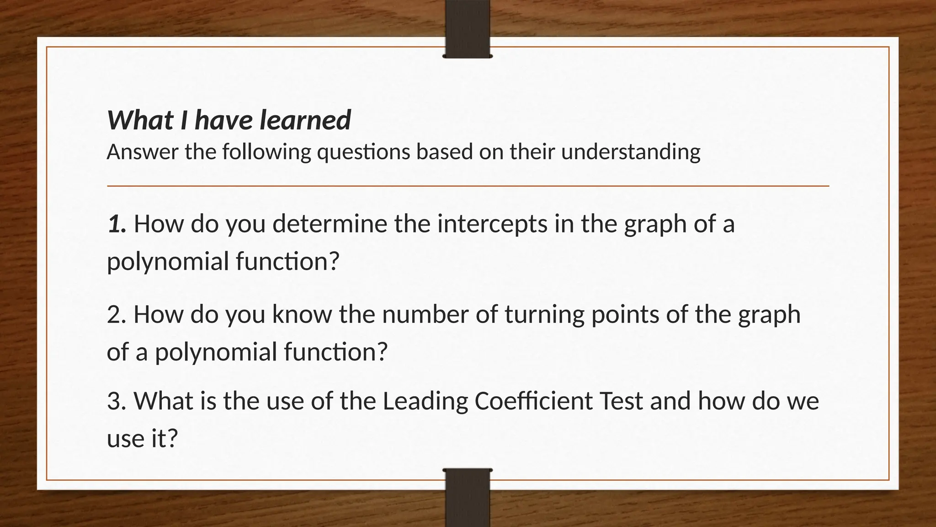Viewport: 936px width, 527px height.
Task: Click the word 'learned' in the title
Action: pyautogui.click(x=305, y=120)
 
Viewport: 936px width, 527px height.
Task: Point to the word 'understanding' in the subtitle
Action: pyautogui.click(x=630, y=152)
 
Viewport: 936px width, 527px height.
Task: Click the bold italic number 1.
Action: pyautogui.click(x=117, y=224)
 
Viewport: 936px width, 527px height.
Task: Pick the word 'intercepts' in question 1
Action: pyautogui.click(x=492, y=224)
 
